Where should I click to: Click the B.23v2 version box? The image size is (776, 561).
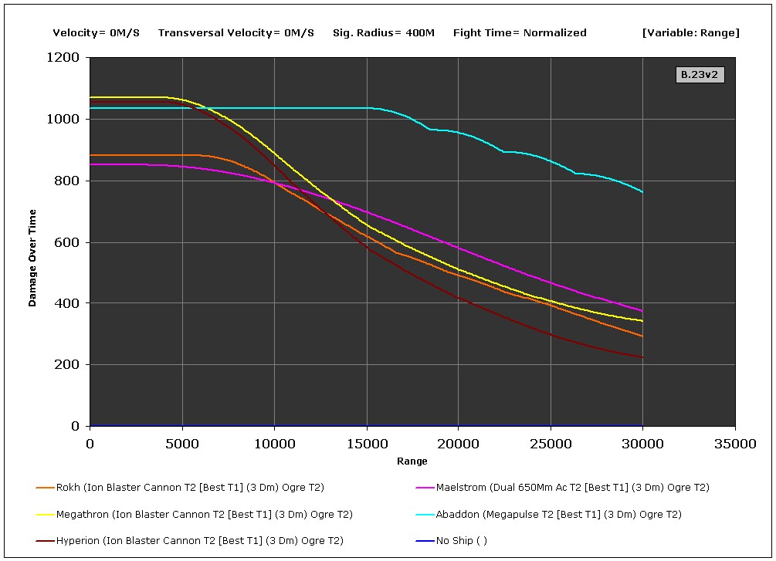700,75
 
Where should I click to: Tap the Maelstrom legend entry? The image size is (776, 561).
572,488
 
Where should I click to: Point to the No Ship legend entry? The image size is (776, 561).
461,541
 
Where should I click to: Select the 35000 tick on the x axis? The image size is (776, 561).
734,444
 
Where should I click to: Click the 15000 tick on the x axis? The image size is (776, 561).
366,444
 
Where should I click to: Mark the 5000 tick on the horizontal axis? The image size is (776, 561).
182,444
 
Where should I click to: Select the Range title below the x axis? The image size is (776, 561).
412,461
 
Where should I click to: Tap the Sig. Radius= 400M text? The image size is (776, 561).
384,33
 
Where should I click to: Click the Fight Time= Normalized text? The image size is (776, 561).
520,33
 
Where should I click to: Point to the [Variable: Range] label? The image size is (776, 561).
690,33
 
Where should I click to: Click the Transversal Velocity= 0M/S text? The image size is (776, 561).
236,33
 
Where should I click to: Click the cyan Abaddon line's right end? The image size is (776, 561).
642,192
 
